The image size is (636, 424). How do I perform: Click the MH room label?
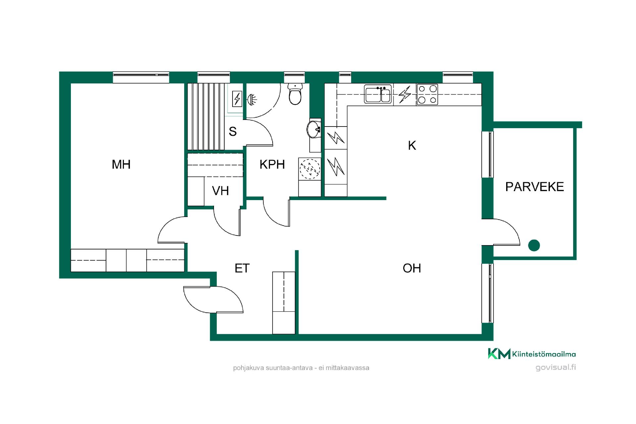pos(121,164)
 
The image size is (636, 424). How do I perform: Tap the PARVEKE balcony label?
pos(534,187)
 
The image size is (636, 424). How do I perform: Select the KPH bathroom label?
pos(272,164)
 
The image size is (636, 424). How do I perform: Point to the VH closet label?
pos(220,191)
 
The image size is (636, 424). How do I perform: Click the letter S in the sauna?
pos(233,132)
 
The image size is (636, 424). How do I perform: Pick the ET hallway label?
pos(242,268)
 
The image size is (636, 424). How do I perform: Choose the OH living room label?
pos(412,268)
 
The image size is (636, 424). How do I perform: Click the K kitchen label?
pos(412,145)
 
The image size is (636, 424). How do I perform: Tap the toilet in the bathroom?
pos(295,94)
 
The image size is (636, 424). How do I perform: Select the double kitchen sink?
pos(378,94)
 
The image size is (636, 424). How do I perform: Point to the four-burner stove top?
pos(427,94)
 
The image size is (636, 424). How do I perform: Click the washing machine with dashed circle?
pos(310,169)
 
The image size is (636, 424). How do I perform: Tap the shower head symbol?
pos(252,99)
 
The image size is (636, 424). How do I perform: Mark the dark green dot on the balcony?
pos(534,245)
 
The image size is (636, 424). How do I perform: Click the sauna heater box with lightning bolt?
pos(237,99)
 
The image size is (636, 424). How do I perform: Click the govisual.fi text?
pos(556,367)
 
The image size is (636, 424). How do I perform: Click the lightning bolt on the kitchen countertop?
pos(404,94)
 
